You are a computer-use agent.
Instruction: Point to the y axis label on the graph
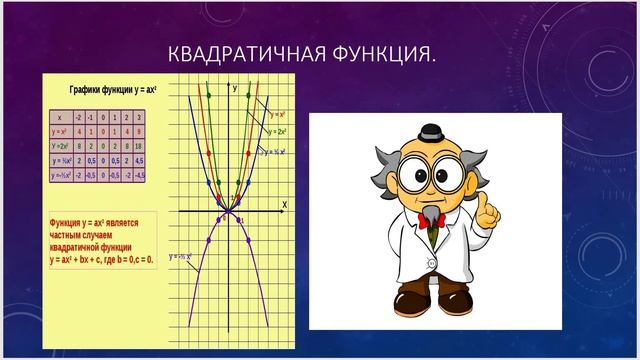point(234,88)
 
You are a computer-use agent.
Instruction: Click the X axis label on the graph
point(284,203)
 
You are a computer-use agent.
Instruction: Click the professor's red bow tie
point(431,220)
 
